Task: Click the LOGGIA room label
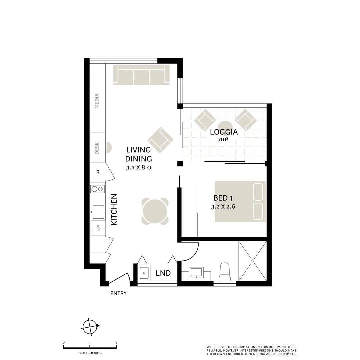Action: tap(224, 132)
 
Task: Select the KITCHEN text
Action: tap(114, 209)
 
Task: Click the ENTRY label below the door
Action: tap(118, 293)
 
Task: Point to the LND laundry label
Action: tap(163, 273)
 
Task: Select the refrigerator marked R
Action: tap(98, 172)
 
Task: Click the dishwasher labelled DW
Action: tap(98, 228)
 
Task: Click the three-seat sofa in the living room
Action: tap(141, 75)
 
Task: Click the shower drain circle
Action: tap(253, 261)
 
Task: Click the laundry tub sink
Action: tap(144, 273)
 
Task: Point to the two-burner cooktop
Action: tap(97, 189)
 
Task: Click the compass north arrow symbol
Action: tap(91, 326)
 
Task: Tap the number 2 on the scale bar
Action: tap(116, 343)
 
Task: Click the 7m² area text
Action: tap(223, 140)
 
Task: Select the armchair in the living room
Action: tap(160, 140)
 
